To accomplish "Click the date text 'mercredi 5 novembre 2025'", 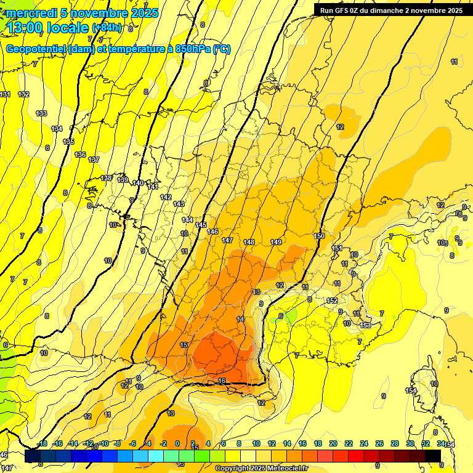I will [x=82, y=13].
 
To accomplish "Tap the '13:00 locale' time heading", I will [x=46, y=28].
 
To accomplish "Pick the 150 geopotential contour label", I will [x=319, y=236].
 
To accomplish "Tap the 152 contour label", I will [x=332, y=301].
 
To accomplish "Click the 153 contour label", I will [x=365, y=325].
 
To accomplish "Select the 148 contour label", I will [x=249, y=242].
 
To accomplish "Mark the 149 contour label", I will [x=276, y=242].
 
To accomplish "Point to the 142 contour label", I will [x=166, y=197].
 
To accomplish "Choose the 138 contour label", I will [x=107, y=179].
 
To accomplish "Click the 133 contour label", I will [x=41, y=113].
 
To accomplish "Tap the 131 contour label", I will [x=6, y=94].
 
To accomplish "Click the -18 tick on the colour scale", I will [x=42, y=443].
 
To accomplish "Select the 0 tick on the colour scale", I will [x=177, y=443].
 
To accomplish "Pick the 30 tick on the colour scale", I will [x=410, y=443].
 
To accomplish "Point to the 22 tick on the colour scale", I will [x=348, y=443].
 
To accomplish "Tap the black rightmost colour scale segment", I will [x=432, y=456].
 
